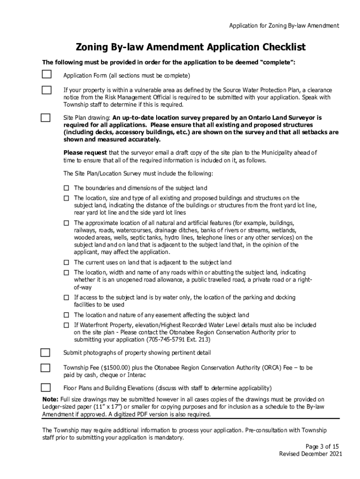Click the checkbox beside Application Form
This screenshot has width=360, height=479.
tap(46, 75)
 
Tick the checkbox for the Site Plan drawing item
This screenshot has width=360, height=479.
tap(45, 118)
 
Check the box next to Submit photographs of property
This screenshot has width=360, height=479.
tap(45, 352)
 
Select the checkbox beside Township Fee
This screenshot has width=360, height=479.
tap(45, 368)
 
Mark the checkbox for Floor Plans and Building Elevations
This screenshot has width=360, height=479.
tap(45, 387)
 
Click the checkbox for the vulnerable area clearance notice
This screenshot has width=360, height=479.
tap(46, 90)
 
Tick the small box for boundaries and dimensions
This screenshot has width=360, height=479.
tap(66, 188)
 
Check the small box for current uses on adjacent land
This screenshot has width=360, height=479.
tap(66, 262)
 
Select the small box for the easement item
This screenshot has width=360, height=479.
tap(66, 315)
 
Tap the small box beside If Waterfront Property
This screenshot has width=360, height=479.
tap(66, 325)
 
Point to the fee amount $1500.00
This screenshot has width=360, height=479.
tap(106, 368)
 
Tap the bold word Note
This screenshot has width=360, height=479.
tap(50, 399)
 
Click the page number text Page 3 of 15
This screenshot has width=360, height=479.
tap(322, 446)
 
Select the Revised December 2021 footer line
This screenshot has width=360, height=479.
tap(311, 454)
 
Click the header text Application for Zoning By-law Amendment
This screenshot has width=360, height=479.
tap(284, 26)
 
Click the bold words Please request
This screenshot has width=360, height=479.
tap(85, 152)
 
